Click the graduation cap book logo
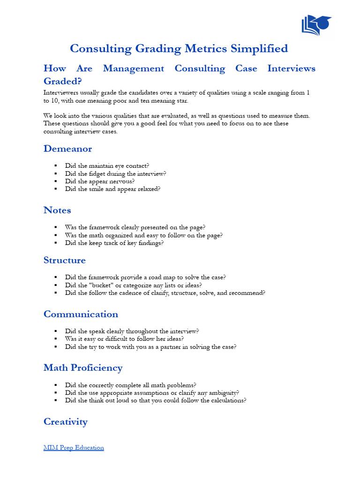(316, 25)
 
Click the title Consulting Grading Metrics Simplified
(179, 48)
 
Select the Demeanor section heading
(67, 149)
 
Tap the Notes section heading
(57, 210)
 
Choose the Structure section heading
(65, 260)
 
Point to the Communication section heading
(81, 314)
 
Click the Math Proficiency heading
(83, 367)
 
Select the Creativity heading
(66, 421)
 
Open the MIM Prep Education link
(74, 448)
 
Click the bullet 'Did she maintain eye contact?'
(107, 165)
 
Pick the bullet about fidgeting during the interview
(115, 173)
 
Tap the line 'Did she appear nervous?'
(100, 181)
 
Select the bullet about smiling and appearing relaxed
(112, 189)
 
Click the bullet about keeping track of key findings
(114, 243)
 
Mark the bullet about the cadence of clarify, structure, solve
(165, 292)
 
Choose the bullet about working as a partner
(150, 347)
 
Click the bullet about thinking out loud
(156, 400)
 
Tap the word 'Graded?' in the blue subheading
(62, 81)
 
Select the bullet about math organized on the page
(143, 235)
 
